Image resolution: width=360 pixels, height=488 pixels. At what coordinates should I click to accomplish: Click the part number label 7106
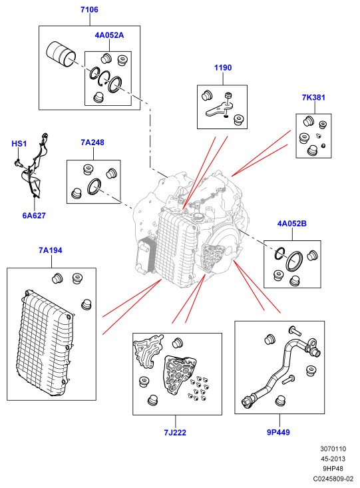tap(89, 9)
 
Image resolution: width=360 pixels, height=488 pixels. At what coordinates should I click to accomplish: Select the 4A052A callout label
tap(109, 35)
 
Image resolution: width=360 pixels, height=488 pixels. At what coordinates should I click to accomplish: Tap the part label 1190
tap(223, 67)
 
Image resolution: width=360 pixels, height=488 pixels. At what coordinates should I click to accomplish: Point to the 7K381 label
tap(313, 97)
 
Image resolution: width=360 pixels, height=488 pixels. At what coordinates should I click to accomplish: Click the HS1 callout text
tap(19, 144)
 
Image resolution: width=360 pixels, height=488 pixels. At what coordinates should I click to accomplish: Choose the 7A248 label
tap(92, 142)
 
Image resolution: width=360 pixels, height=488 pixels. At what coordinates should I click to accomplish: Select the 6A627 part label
tap(34, 215)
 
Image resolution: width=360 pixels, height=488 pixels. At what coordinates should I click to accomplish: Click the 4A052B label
tap(292, 224)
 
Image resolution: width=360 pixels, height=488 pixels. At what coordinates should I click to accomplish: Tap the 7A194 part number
tap(51, 250)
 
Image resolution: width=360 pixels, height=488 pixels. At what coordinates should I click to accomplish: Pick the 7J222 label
tap(175, 433)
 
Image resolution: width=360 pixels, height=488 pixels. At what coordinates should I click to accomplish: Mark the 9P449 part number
tap(278, 432)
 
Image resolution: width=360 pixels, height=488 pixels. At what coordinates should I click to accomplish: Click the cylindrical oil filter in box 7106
tap(61, 53)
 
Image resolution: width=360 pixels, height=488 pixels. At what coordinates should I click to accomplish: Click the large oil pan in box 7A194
tap(45, 344)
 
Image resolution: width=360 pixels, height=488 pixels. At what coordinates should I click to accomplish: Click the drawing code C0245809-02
tap(333, 479)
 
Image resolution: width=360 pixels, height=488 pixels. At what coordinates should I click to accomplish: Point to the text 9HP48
tap(333, 469)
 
